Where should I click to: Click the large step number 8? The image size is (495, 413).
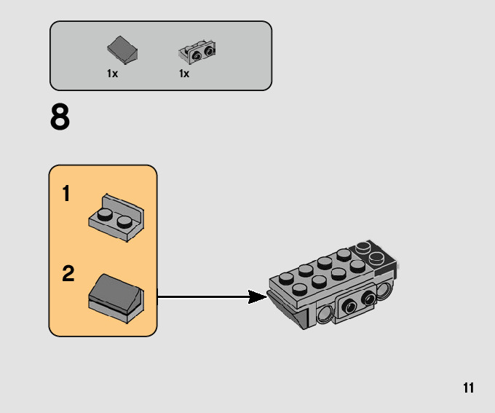[60, 118]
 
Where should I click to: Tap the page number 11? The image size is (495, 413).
[468, 388]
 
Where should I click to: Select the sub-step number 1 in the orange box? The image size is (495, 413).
[66, 194]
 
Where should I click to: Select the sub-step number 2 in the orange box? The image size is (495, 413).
[68, 274]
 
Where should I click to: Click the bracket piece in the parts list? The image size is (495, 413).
[197, 52]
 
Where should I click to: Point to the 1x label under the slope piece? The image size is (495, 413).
[112, 74]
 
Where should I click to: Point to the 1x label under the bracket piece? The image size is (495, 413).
[184, 74]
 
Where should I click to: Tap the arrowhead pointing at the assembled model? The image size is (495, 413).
[256, 296]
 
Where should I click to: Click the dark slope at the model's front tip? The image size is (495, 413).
[288, 309]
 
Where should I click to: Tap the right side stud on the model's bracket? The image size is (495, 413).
[368, 299]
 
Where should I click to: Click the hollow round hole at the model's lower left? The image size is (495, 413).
[324, 315]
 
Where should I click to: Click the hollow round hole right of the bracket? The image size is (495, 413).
[387, 289]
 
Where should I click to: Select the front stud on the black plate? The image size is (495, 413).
[376, 257]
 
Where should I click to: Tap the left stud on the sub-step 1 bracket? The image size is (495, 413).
[106, 214]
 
